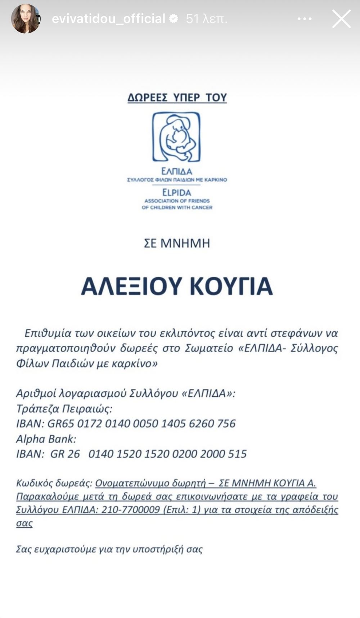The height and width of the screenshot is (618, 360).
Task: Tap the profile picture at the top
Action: click(x=26, y=19)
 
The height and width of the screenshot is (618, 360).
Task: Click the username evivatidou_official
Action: click(x=108, y=19)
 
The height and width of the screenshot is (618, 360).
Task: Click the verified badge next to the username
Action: click(x=174, y=19)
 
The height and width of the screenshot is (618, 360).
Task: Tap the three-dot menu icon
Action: click(x=305, y=19)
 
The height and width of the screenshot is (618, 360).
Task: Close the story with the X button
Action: click(x=341, y=19)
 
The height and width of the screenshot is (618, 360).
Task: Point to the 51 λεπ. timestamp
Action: click(x=207, y=19)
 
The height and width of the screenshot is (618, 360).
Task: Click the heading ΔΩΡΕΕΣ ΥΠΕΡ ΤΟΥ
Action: click(x=177, y=98)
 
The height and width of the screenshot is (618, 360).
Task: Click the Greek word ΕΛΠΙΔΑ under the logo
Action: click(x=176, y=171)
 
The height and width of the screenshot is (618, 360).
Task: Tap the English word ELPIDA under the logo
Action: click(x=176, y=192)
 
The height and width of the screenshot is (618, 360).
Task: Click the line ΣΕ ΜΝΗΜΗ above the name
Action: click(x=177, y=244)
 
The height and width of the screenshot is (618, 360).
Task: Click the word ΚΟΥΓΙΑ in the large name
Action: click(x=231, y=286)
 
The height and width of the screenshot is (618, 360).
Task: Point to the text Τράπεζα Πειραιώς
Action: click(x=64, y=409)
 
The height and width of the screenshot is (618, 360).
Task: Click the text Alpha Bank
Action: click(x=46, y=439)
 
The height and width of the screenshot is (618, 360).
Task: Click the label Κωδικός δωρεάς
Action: click(x=54, y=483)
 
